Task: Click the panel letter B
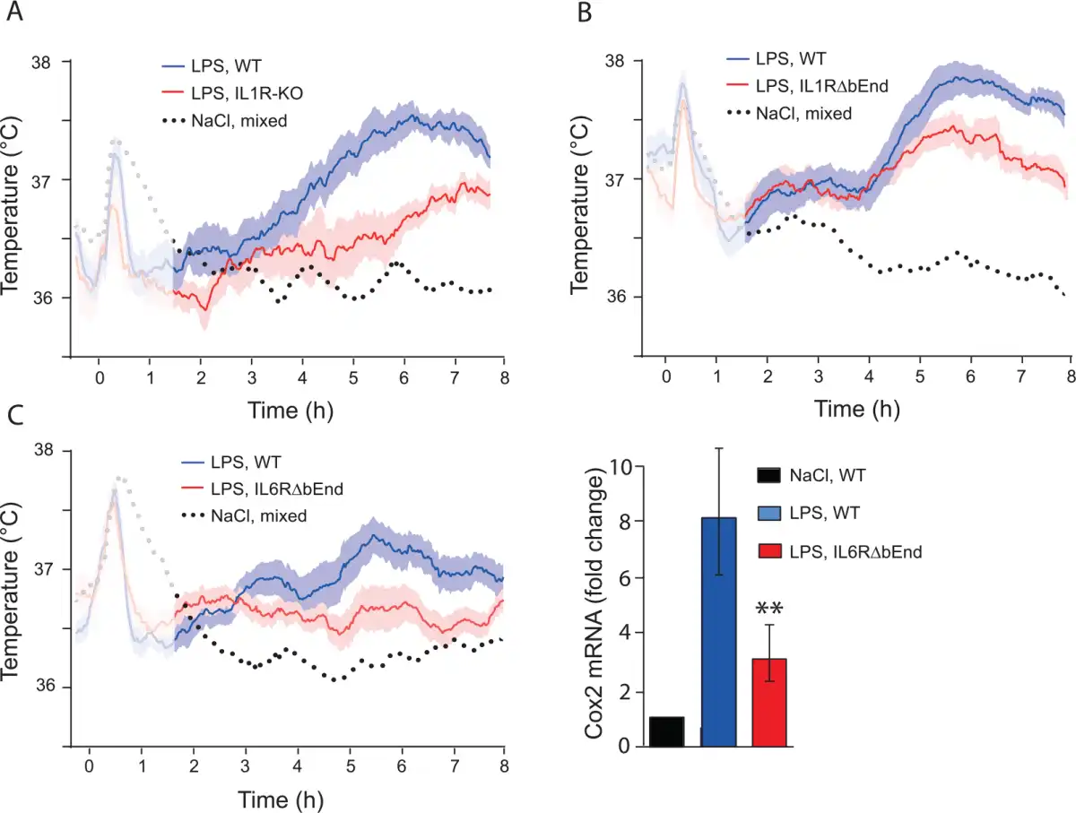583,15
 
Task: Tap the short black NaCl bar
666,731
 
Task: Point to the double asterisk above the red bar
768,610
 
